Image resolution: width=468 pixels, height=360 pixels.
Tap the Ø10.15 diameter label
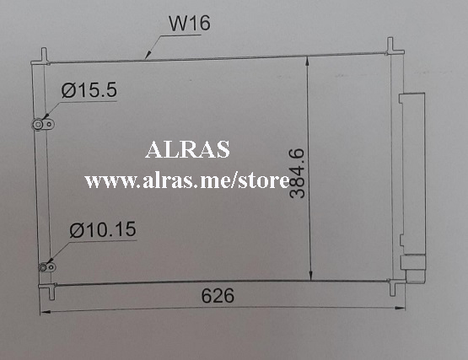[x=102, y=229]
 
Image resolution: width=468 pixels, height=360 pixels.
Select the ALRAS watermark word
[x=187, y=152]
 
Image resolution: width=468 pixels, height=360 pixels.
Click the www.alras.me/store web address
[x=187, y=180]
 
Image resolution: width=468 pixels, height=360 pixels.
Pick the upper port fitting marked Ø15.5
[x=39, y=125]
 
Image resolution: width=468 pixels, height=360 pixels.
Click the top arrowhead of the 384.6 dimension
[x=311, y=61]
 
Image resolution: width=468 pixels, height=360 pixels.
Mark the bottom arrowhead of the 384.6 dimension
[x=311, y=277]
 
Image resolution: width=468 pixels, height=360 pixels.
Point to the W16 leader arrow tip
[x=148, y=58]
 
